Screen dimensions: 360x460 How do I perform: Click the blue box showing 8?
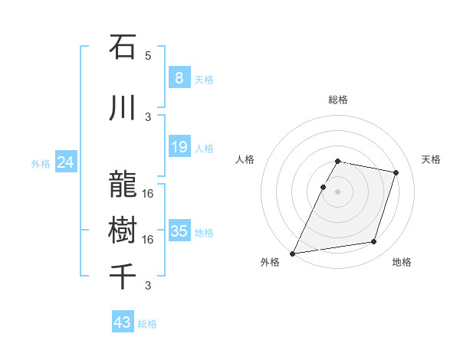[x=179, y=78]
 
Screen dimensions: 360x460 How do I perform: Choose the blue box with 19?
[x=179, y=147]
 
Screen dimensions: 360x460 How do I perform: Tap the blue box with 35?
[x=179, y=231]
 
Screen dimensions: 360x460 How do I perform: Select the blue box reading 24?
[x=66, y=162]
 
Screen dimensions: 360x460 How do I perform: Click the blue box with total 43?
[x=123, y=322]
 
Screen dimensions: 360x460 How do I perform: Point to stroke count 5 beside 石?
[x=148, y=56]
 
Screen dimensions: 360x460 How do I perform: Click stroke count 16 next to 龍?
[x=148, y=194]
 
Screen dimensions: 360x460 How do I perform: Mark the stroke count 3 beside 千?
[x=148, y=286]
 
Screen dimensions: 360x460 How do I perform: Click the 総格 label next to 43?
[x=147, y=324]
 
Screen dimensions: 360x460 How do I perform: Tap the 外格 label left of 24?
[x=41, y=163]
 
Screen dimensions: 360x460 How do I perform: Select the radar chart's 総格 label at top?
[x=337, y=100]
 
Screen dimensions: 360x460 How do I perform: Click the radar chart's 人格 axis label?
[x=245, y=159]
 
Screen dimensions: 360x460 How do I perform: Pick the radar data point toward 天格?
[x=396, y=172]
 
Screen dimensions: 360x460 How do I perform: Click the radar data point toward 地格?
[x=374, y=242]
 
